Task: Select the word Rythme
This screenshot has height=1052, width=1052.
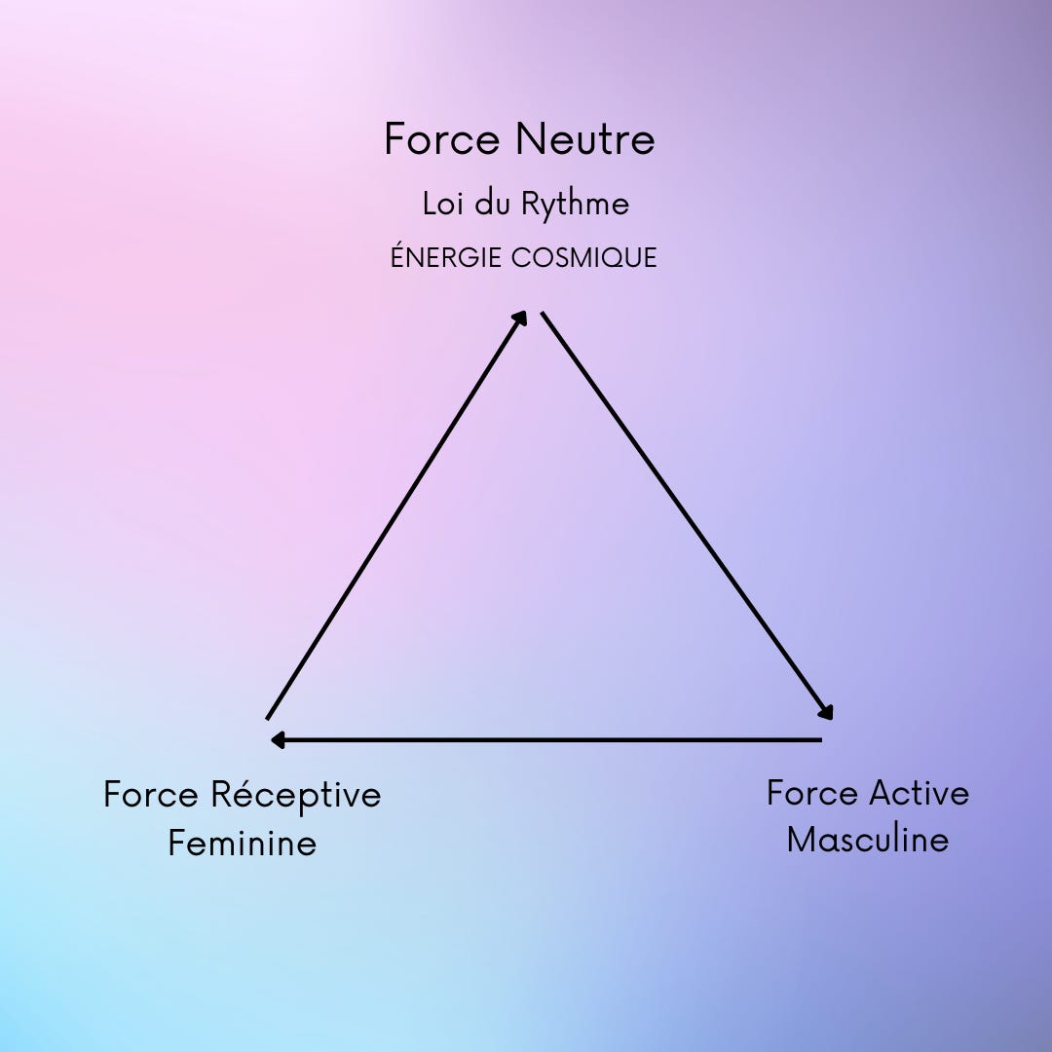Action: click(575, 206)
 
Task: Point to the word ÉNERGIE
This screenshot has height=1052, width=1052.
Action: click(446, 257)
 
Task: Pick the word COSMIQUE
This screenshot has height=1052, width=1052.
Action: click(583, 258)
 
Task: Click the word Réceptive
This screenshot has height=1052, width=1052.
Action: click(295, 795)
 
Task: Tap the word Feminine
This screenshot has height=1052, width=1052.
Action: click(242, 843)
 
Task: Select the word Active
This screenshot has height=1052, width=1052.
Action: click(919, 793)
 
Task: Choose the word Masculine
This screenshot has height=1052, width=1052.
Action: click(867, 840)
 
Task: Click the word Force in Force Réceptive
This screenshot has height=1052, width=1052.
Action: click(151, 795)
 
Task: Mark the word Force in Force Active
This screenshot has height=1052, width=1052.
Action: click(811, 793)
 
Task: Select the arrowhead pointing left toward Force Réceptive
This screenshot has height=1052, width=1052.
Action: click(278, 740)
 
